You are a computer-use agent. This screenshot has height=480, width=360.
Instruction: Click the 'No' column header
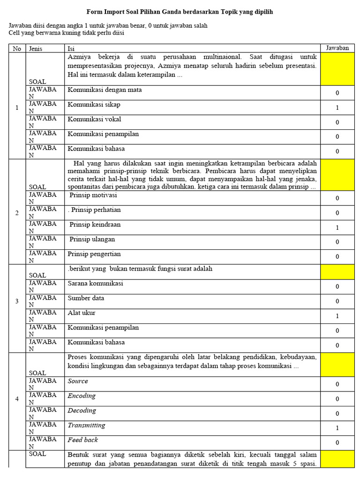pyautogui.click(x=17, y=48)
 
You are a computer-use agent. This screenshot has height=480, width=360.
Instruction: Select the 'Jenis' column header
pyautogui.click(x=36, y=48)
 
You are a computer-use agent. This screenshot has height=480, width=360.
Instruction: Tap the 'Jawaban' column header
pyautogui.click(x=337, y=48)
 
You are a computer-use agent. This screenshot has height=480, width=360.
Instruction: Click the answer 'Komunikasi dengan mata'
pyautogui.click(x=105, y=90)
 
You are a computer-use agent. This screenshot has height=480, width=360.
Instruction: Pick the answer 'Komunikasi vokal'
pyautogui.click(x=94, y=119)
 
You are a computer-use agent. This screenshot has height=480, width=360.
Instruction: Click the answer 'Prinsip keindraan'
pyautogui.click(x=95, y=225)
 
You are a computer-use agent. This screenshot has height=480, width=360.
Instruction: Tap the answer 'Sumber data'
pyautogui.click(x=86, y=298)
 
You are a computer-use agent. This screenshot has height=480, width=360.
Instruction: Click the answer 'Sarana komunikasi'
pyautogui.click(x=96, y=284)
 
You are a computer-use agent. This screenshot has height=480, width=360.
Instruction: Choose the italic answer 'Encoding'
pyautogui.click(x=82, y=396)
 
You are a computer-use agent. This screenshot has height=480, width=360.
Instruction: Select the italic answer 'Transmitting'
pyautogui.click(x=87, y=425)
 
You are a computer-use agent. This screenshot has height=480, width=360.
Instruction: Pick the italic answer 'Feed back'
pyautogui.click(x=83, y=440)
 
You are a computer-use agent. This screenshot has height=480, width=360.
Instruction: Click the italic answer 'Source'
pyautogui.click(x=78, y=381)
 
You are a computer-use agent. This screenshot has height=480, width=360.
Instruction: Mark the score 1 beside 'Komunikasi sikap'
pyautogui.click(x=337, y=108)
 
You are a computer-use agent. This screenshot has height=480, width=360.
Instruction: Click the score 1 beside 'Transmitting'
pyautogui.click(x=337, y=428)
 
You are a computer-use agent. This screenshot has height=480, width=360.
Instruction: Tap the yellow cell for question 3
pyautogui.click(x=337, y=272)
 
